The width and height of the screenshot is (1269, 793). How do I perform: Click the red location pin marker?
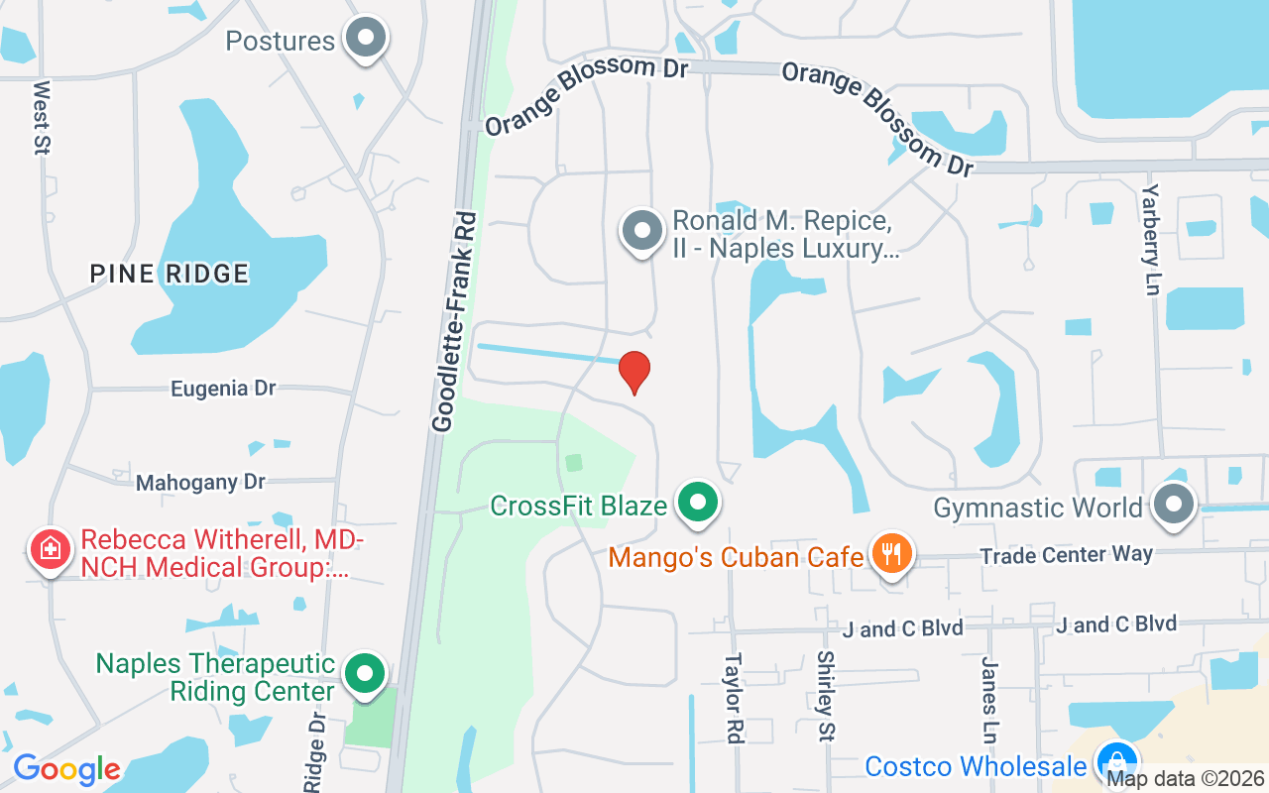click(634, 372)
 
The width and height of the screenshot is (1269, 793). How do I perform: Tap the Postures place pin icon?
click(366, 39)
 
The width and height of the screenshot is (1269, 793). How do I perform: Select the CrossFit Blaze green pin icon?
click(699, 503)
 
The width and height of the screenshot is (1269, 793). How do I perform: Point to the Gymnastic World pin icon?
click(1174, 505)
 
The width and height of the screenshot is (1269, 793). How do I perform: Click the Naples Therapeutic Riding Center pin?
click(365, 673)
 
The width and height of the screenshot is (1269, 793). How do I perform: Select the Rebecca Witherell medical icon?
click(49, 550)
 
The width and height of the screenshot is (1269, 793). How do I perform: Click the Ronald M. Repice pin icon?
click(642, 231)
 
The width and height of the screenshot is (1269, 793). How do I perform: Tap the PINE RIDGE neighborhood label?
click(170, 274)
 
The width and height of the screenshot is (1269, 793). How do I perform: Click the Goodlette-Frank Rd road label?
click(456, 322)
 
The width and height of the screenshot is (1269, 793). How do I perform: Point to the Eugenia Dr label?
click(223, 389)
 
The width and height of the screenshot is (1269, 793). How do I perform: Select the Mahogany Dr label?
click(201, 483)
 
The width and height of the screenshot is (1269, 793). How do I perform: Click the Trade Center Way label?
click(1066, 555)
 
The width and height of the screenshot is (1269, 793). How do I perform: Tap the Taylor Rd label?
click(734, 697)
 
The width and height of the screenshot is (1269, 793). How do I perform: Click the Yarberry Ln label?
click(1150, 239)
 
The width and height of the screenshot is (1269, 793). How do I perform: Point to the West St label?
click(42, 117)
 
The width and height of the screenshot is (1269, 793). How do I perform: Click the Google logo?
click(66, 769)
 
